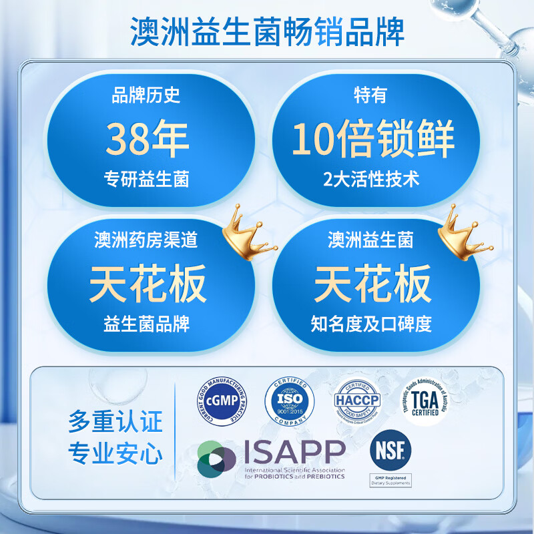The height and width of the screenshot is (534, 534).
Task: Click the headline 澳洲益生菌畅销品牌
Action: click(x=267, y=32)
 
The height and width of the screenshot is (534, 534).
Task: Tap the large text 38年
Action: click(x=148, y=140)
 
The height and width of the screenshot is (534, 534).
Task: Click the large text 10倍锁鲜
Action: click(x=373, y=140)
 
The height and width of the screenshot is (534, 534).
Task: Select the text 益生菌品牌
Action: click(x=147, y=324)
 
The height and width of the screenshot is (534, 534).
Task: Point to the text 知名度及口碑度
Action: click(x=372, y=324)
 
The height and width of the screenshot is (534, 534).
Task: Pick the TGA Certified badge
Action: click(x=425, y=401)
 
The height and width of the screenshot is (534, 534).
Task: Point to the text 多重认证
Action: click(x=115, y=423)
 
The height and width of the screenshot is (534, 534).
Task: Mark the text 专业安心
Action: click(x=115, y=455)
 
